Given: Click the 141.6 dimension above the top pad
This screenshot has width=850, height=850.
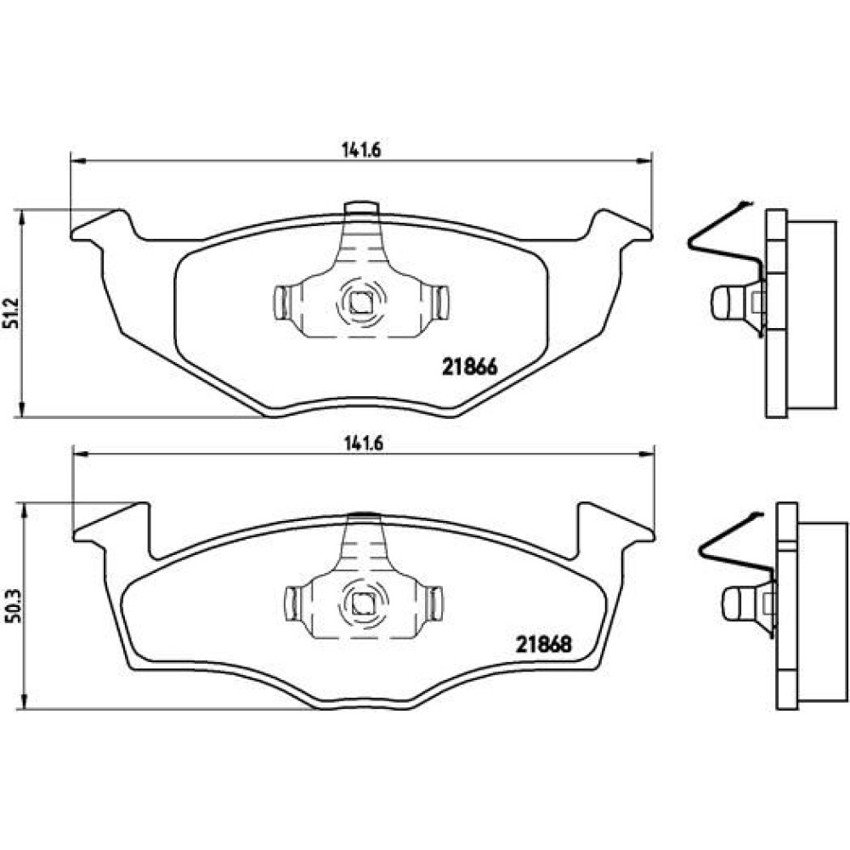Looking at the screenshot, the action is (361, 150).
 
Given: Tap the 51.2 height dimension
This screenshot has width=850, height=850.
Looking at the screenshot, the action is (12, 314).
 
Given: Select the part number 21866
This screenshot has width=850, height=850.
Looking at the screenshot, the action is (470, 367).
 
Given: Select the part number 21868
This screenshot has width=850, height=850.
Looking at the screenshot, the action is (544, 644).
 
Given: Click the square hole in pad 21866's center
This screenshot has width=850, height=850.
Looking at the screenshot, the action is (360, 302).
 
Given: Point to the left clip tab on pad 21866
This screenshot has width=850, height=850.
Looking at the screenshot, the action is (280, 303).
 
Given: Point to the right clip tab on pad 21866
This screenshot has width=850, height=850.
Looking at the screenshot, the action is (440, 303).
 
